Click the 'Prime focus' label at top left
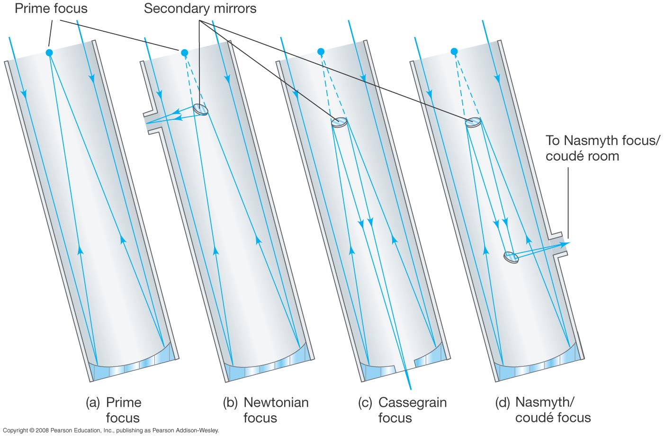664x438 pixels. coord(51,9)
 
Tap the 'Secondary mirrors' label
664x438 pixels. coord(200,9)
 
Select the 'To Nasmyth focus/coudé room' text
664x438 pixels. coord(602,148)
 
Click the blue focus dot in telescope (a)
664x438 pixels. coord(49,53)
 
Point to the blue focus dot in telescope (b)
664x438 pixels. coord(184,53)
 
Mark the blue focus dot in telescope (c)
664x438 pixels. coord(321,52)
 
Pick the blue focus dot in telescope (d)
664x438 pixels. coord(454,51)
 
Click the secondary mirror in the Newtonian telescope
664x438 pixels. coord(201,109)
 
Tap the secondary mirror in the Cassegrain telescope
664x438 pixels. coord(340,122)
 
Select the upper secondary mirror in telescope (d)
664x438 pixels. coord(473,123)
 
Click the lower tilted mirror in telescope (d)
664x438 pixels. coord(511,257)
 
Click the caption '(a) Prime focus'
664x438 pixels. coord(114,410)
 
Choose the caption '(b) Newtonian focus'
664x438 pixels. coord(266,410)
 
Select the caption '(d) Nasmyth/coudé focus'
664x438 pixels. coord(543,410)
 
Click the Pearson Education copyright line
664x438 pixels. coord(111,430)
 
